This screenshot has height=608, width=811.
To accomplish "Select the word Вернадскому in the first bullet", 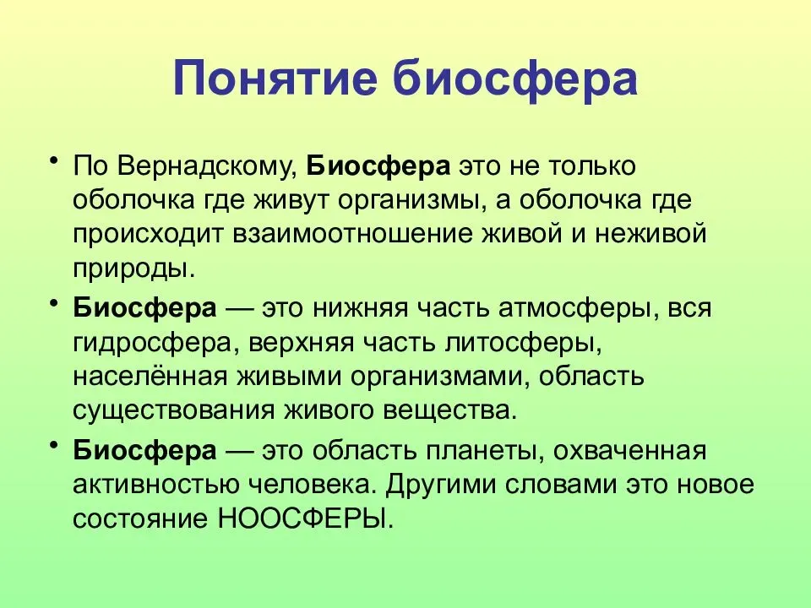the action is pos(208,167).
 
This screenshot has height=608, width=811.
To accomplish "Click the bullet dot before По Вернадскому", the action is pos(53,160).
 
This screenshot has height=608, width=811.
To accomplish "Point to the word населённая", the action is pos(150,377).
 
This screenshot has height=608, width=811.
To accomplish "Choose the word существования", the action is pos(174,411).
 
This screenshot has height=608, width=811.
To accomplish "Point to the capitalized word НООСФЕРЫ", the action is pos(306,518).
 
